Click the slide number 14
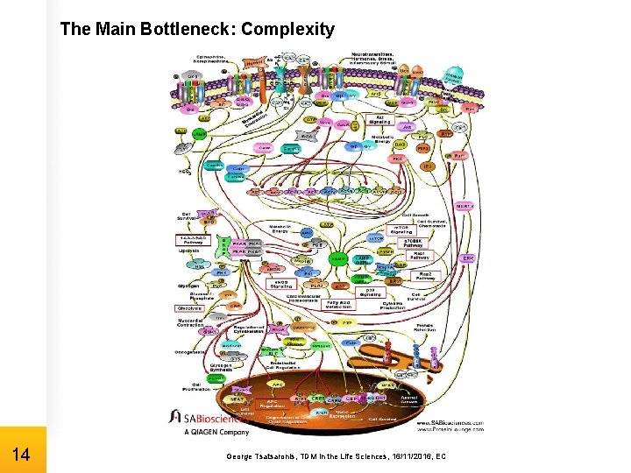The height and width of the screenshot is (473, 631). [23, 455]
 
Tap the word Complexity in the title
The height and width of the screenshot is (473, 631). [287, 30]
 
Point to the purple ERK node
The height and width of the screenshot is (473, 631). [468, 259]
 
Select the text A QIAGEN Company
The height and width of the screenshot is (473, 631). [216, 432]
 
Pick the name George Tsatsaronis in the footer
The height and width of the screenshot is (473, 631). [260, 456]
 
